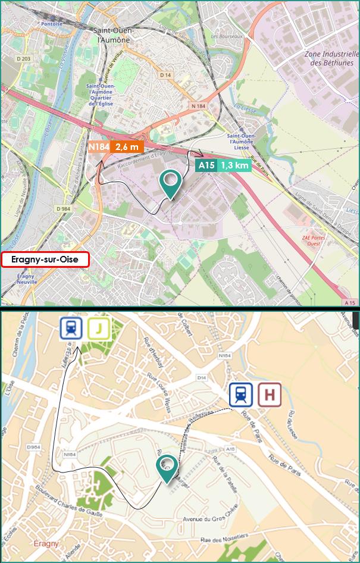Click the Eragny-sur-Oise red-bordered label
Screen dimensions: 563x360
point(45,259)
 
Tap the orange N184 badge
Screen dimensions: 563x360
point(98,146)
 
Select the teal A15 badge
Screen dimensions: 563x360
point(206,165)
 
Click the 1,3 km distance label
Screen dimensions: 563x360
point(234,165)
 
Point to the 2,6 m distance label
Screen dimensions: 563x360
point(127,146)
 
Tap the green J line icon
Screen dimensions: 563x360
point(99,328)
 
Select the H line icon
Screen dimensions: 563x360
point(270,394)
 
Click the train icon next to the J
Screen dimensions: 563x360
point(71,328)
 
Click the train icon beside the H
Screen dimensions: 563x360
point(241,394)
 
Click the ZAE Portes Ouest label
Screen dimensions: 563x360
point(314,240)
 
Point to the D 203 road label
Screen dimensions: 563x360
point(24,58)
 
